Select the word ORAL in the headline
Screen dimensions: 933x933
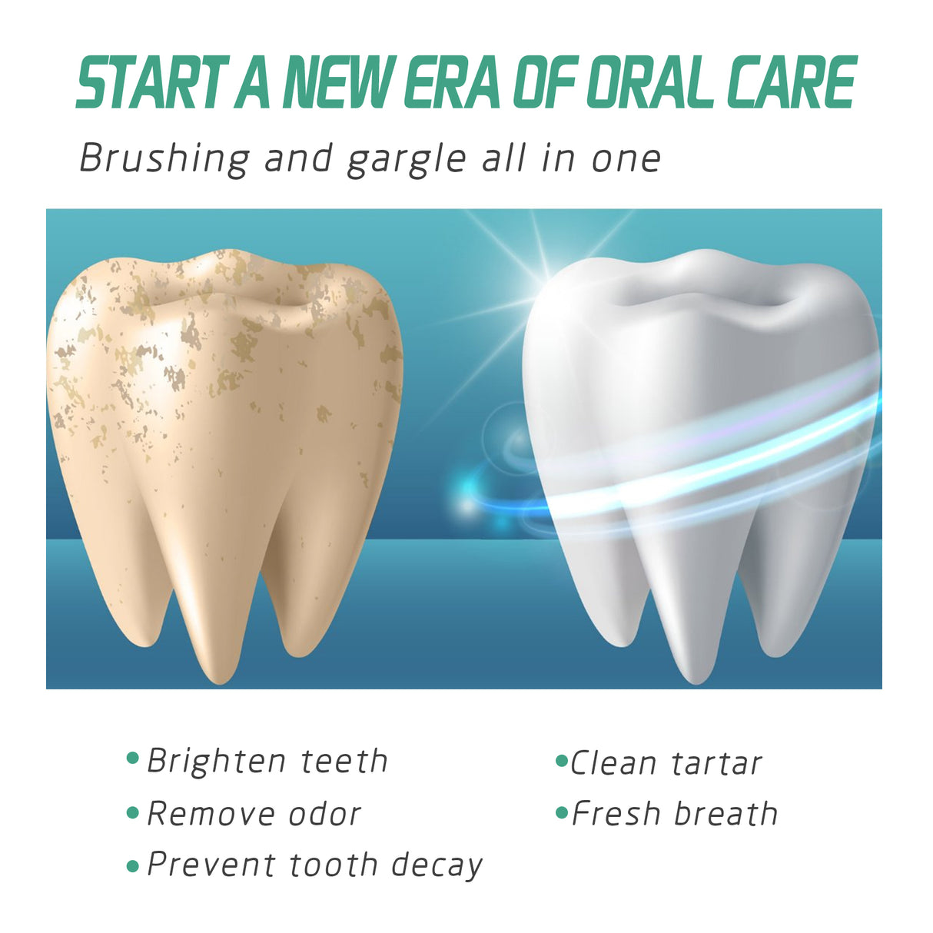click(x=651, y=83)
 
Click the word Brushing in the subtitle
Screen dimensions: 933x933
click(x=164, y=159)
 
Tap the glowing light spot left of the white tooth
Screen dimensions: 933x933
click(x=466, y=504)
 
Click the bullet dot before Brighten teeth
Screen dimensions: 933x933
click(x=132, y=759)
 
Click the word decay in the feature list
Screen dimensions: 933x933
click(x=437, y=865)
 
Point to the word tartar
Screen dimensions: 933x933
click(x=716, y=763)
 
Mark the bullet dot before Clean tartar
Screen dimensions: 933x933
click(x=561, y=762)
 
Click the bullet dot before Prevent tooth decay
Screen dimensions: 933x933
click(x=132, y=866)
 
